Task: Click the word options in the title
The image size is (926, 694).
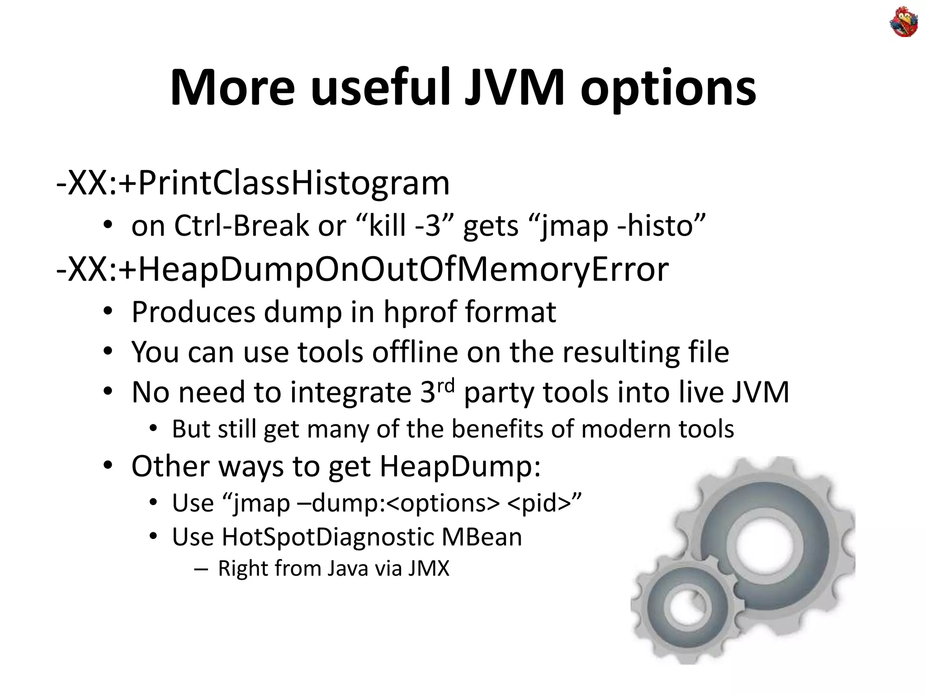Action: coord(668,89)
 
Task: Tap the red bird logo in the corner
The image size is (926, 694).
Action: coord(904,22)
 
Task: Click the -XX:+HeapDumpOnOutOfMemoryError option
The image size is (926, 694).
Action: coord(362,269)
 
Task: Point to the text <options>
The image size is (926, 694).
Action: coord(443,503)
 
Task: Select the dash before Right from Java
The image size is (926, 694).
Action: coord(200,569)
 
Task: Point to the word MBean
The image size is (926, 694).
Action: coord(482,537)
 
